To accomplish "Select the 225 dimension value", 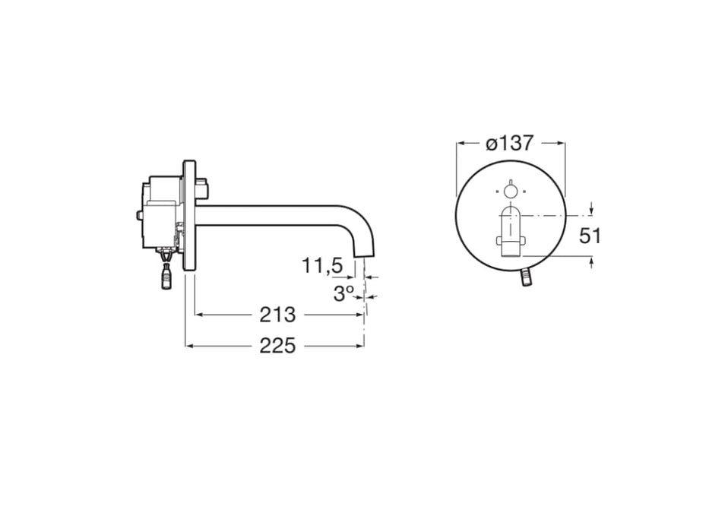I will point(277,346).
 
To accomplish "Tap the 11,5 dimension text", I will point(322,266).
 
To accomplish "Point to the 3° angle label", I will point(343,293).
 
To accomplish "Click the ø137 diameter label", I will point(509,143).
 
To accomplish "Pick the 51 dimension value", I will point(590,236).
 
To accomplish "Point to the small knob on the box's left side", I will point(140,217).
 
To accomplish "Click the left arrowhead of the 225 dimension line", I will point(189,346).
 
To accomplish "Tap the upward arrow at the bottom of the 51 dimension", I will point(592,262).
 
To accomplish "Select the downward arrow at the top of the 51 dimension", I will point(592,211).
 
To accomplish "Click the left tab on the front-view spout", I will point(499,242).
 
